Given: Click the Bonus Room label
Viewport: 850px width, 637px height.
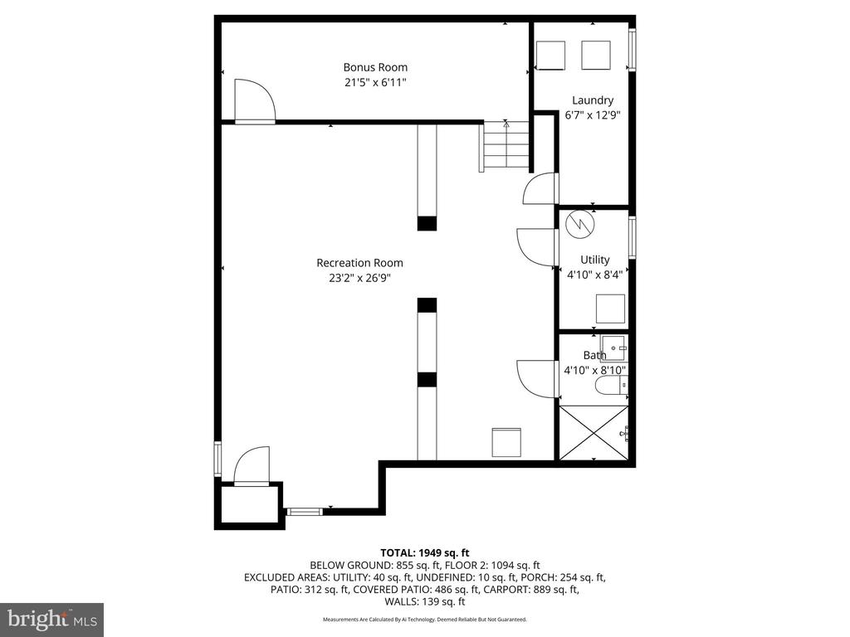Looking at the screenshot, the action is [x=375, y=67].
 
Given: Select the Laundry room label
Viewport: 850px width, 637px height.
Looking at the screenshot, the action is [x=593, y=100].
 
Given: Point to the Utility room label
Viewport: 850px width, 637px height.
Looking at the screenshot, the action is [x=594, y=260].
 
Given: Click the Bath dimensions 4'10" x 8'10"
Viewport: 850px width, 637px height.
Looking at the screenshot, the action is [x=594, y=371].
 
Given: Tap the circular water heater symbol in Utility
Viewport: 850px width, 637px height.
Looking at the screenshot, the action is [x=579, y=224].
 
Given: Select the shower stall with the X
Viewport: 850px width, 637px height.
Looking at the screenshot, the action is [x=594, y=433].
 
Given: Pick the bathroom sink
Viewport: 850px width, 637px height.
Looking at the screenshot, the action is [x=613, y=348].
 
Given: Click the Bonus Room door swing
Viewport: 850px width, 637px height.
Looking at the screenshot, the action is [x=255, y=102].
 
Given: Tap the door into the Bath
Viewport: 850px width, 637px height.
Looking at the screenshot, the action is [x=537, y=378].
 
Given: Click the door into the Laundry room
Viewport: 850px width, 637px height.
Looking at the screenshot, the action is [x=540, y=188].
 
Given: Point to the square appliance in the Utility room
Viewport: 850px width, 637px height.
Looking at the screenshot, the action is [x=610, y=309].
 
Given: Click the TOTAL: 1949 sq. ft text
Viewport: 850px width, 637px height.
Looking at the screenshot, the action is [x=424, y=553].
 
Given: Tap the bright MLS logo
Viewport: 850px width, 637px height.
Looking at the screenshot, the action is [x=51, y=619].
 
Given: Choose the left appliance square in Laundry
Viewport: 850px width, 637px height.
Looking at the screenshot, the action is [x=550, y=56].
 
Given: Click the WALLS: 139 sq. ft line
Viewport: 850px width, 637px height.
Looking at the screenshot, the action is [x=424, y=602].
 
